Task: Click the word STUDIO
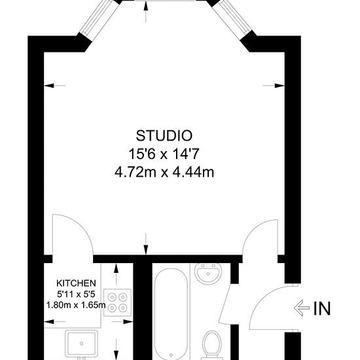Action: [x=164, y=135]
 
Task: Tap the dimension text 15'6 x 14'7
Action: [x=163, y=154]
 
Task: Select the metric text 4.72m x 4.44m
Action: [x=164, y=172]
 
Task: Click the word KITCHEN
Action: [x=76, y=283]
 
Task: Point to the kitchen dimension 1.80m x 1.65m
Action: [x=76, y=305]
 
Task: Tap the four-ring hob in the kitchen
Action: [x=118, y=302]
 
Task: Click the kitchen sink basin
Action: [x=82, y=343]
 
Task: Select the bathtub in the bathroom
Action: [x=171, y=314]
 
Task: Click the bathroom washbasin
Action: [x=208, y=274]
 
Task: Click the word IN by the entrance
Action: [x=322, y=308]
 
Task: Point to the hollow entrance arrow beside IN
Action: [x=302, y=308]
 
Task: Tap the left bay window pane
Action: [x=98, y=18]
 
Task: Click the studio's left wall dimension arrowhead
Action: [x=49, y=86]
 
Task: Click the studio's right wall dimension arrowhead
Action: [x=279, y=86]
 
